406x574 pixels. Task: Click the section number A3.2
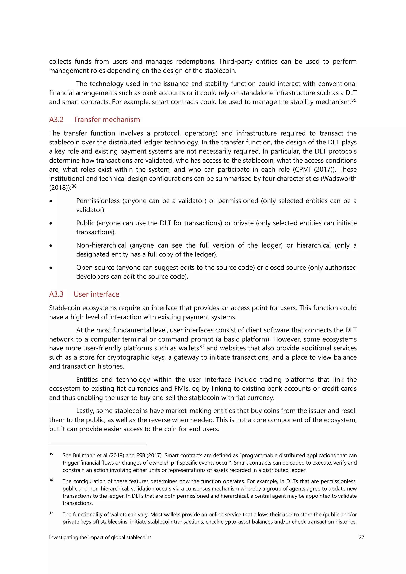(56, 120)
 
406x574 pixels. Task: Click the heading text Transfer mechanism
(107, 120)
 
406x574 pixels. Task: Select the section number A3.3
(56, 294)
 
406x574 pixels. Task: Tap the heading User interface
(96, 294)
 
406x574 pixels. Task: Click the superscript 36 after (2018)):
(74, 186)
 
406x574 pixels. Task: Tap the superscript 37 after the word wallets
(202, 346)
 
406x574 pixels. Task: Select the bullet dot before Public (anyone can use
(51, 223)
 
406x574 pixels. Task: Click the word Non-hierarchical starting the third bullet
(101, 245)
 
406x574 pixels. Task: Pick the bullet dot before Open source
(51, 268)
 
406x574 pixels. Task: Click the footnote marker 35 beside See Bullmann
(51, 454)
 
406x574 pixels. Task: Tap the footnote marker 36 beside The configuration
(51, 480)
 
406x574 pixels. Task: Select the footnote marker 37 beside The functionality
(51, 513)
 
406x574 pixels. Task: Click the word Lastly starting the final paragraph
(85, 411)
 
